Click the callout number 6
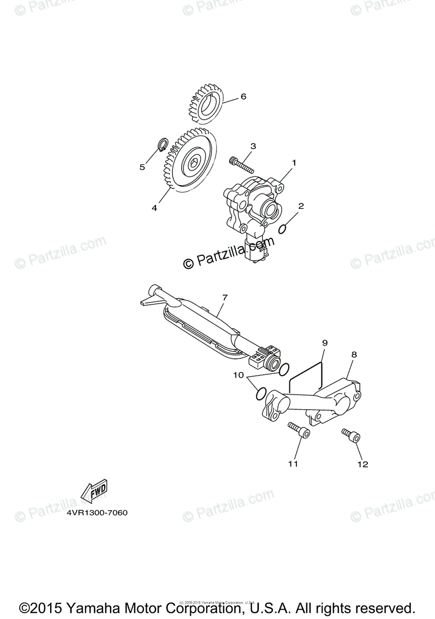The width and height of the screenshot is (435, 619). tap(243, 96)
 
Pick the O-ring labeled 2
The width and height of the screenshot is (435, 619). tap(283, 229)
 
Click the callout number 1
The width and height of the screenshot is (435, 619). tap(294, 162)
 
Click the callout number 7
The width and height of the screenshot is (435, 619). tap(225, 298)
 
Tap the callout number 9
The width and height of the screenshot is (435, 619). tap(325, 342)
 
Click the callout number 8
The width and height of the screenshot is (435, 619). tap(354, 355)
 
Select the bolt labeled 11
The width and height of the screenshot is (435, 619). tap(299, 430)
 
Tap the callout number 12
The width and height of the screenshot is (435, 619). tap(362, 464)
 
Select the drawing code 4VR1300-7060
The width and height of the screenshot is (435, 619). tap(97, 513)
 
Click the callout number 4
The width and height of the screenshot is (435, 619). tap(154, 208)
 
